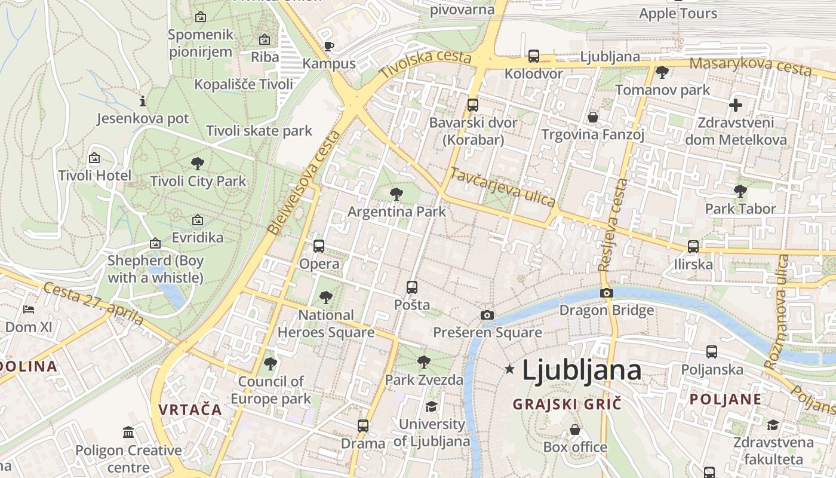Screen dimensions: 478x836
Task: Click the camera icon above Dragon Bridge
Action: [x=607, y=293]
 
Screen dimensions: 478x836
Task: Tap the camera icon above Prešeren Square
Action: [x=487, y=315]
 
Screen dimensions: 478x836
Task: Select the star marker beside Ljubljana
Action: [x=509, y=369]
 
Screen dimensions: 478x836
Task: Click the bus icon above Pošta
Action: [x=412, y=287]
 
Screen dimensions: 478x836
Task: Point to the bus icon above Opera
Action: [x=319, y=246]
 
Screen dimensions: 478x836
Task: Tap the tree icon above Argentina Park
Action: [x=396, y=194]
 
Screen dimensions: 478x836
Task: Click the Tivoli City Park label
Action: [x=198, y=181]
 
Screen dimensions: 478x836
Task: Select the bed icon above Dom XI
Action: [x=29, y=309]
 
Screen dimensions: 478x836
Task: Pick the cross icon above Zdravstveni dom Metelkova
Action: [x=736, y=105]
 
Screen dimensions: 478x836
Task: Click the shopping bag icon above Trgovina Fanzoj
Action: [x=593, y=117]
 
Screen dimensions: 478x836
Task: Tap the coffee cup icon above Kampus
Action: [x=328, y=46]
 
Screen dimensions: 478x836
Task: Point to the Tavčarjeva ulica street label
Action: [x=503, y=188]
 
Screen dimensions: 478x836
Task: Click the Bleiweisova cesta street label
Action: [x=304, y=182]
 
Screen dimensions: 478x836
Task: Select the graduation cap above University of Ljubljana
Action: [x=431, y=406]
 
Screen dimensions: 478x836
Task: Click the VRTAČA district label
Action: [x=190, y=410]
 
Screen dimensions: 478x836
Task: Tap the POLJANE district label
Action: [x=726, y=399]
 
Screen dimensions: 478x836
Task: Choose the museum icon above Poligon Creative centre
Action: [x=128, y=432]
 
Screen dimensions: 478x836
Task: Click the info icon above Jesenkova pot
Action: [x=142, y=101]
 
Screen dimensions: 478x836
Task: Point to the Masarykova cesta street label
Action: [x=751, y=66]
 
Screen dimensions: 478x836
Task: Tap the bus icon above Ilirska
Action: [x=693, y=246]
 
